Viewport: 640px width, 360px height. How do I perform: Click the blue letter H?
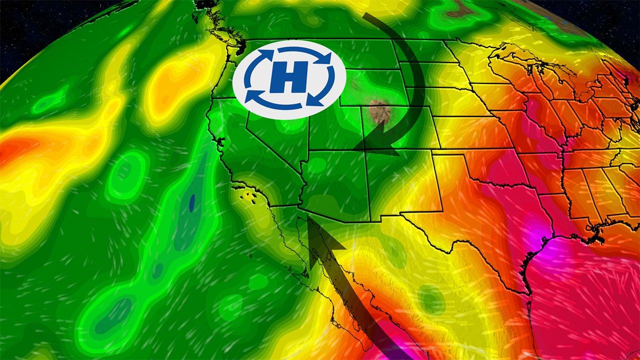click(289, 78)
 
